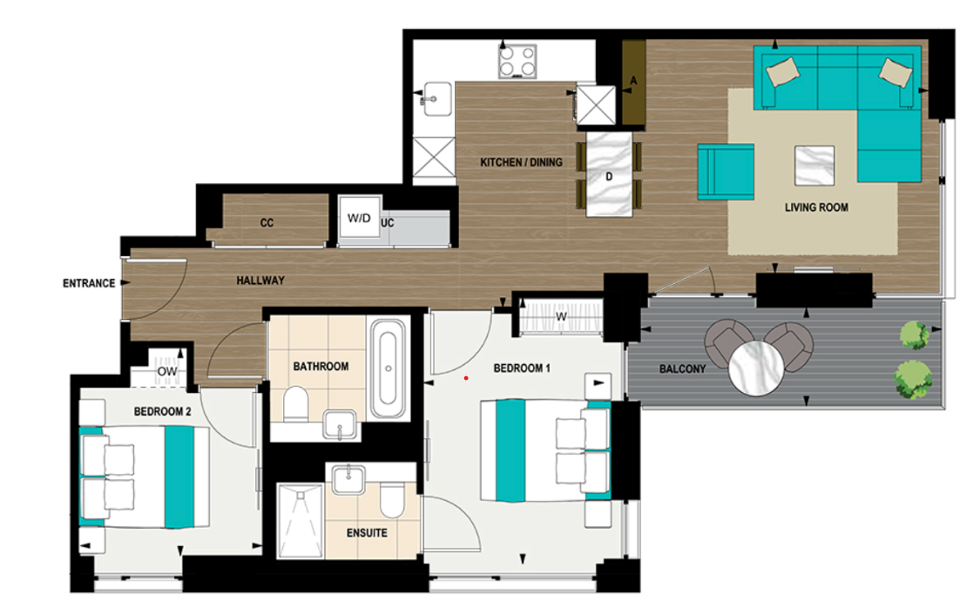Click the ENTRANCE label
[x=89, y=283]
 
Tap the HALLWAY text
[x=260, y=280]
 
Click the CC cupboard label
[x=267, y=223]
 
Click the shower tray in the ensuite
[x=300, y=520]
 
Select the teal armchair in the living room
[x=726, y=172]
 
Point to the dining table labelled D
[x=610, y=173]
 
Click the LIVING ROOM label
[x=816, y=207]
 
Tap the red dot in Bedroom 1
[x=467, y=378]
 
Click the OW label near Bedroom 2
[x=167, y=372]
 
